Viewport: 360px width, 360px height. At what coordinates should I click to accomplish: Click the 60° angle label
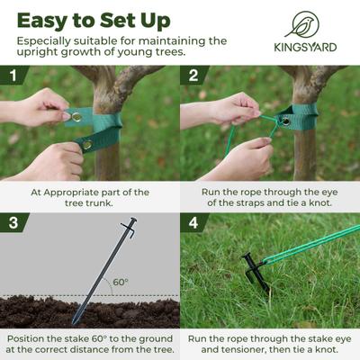point(120,282)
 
